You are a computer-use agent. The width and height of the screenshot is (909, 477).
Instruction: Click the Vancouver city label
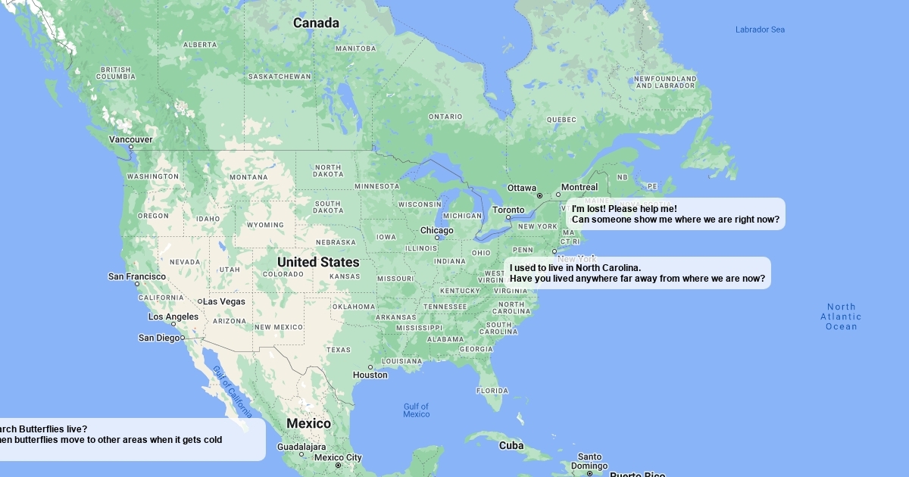tap(130, 139)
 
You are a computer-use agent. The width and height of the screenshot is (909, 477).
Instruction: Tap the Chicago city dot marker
tap(437, 238)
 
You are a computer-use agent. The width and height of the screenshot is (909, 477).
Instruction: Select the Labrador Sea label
tap(760, 30)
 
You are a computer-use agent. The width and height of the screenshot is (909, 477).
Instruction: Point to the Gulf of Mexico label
tap(416, 410)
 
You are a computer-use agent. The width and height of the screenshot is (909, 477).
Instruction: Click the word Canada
tap(316, 23)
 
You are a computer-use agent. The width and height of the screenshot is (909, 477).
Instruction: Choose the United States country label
tap(318, 262)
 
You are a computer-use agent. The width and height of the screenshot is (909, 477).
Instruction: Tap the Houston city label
tap(370, 375)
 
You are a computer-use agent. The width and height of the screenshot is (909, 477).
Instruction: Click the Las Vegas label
tap(224, 301)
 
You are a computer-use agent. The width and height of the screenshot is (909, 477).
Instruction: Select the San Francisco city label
tap(136, 276)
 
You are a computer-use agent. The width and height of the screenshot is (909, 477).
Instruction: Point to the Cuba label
tap(511, 445)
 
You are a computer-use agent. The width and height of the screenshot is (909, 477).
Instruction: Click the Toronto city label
tap(508, 210)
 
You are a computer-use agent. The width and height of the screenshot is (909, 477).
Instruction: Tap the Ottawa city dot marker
tap(539, 196)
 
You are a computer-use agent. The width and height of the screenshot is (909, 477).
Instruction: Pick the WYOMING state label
tap(265, 225)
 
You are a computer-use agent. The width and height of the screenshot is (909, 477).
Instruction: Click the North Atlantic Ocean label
tap(841, 316)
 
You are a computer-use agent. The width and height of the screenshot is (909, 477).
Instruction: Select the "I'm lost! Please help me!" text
tap(624, 209)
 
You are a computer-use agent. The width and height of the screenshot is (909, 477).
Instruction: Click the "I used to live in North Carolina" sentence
tap(576, 267)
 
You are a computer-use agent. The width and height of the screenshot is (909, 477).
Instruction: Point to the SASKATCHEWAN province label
tap(280, 76)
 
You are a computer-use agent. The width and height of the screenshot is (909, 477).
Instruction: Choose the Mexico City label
tap(338, 457)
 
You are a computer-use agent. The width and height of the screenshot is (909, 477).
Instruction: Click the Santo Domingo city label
tap(590, 461)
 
